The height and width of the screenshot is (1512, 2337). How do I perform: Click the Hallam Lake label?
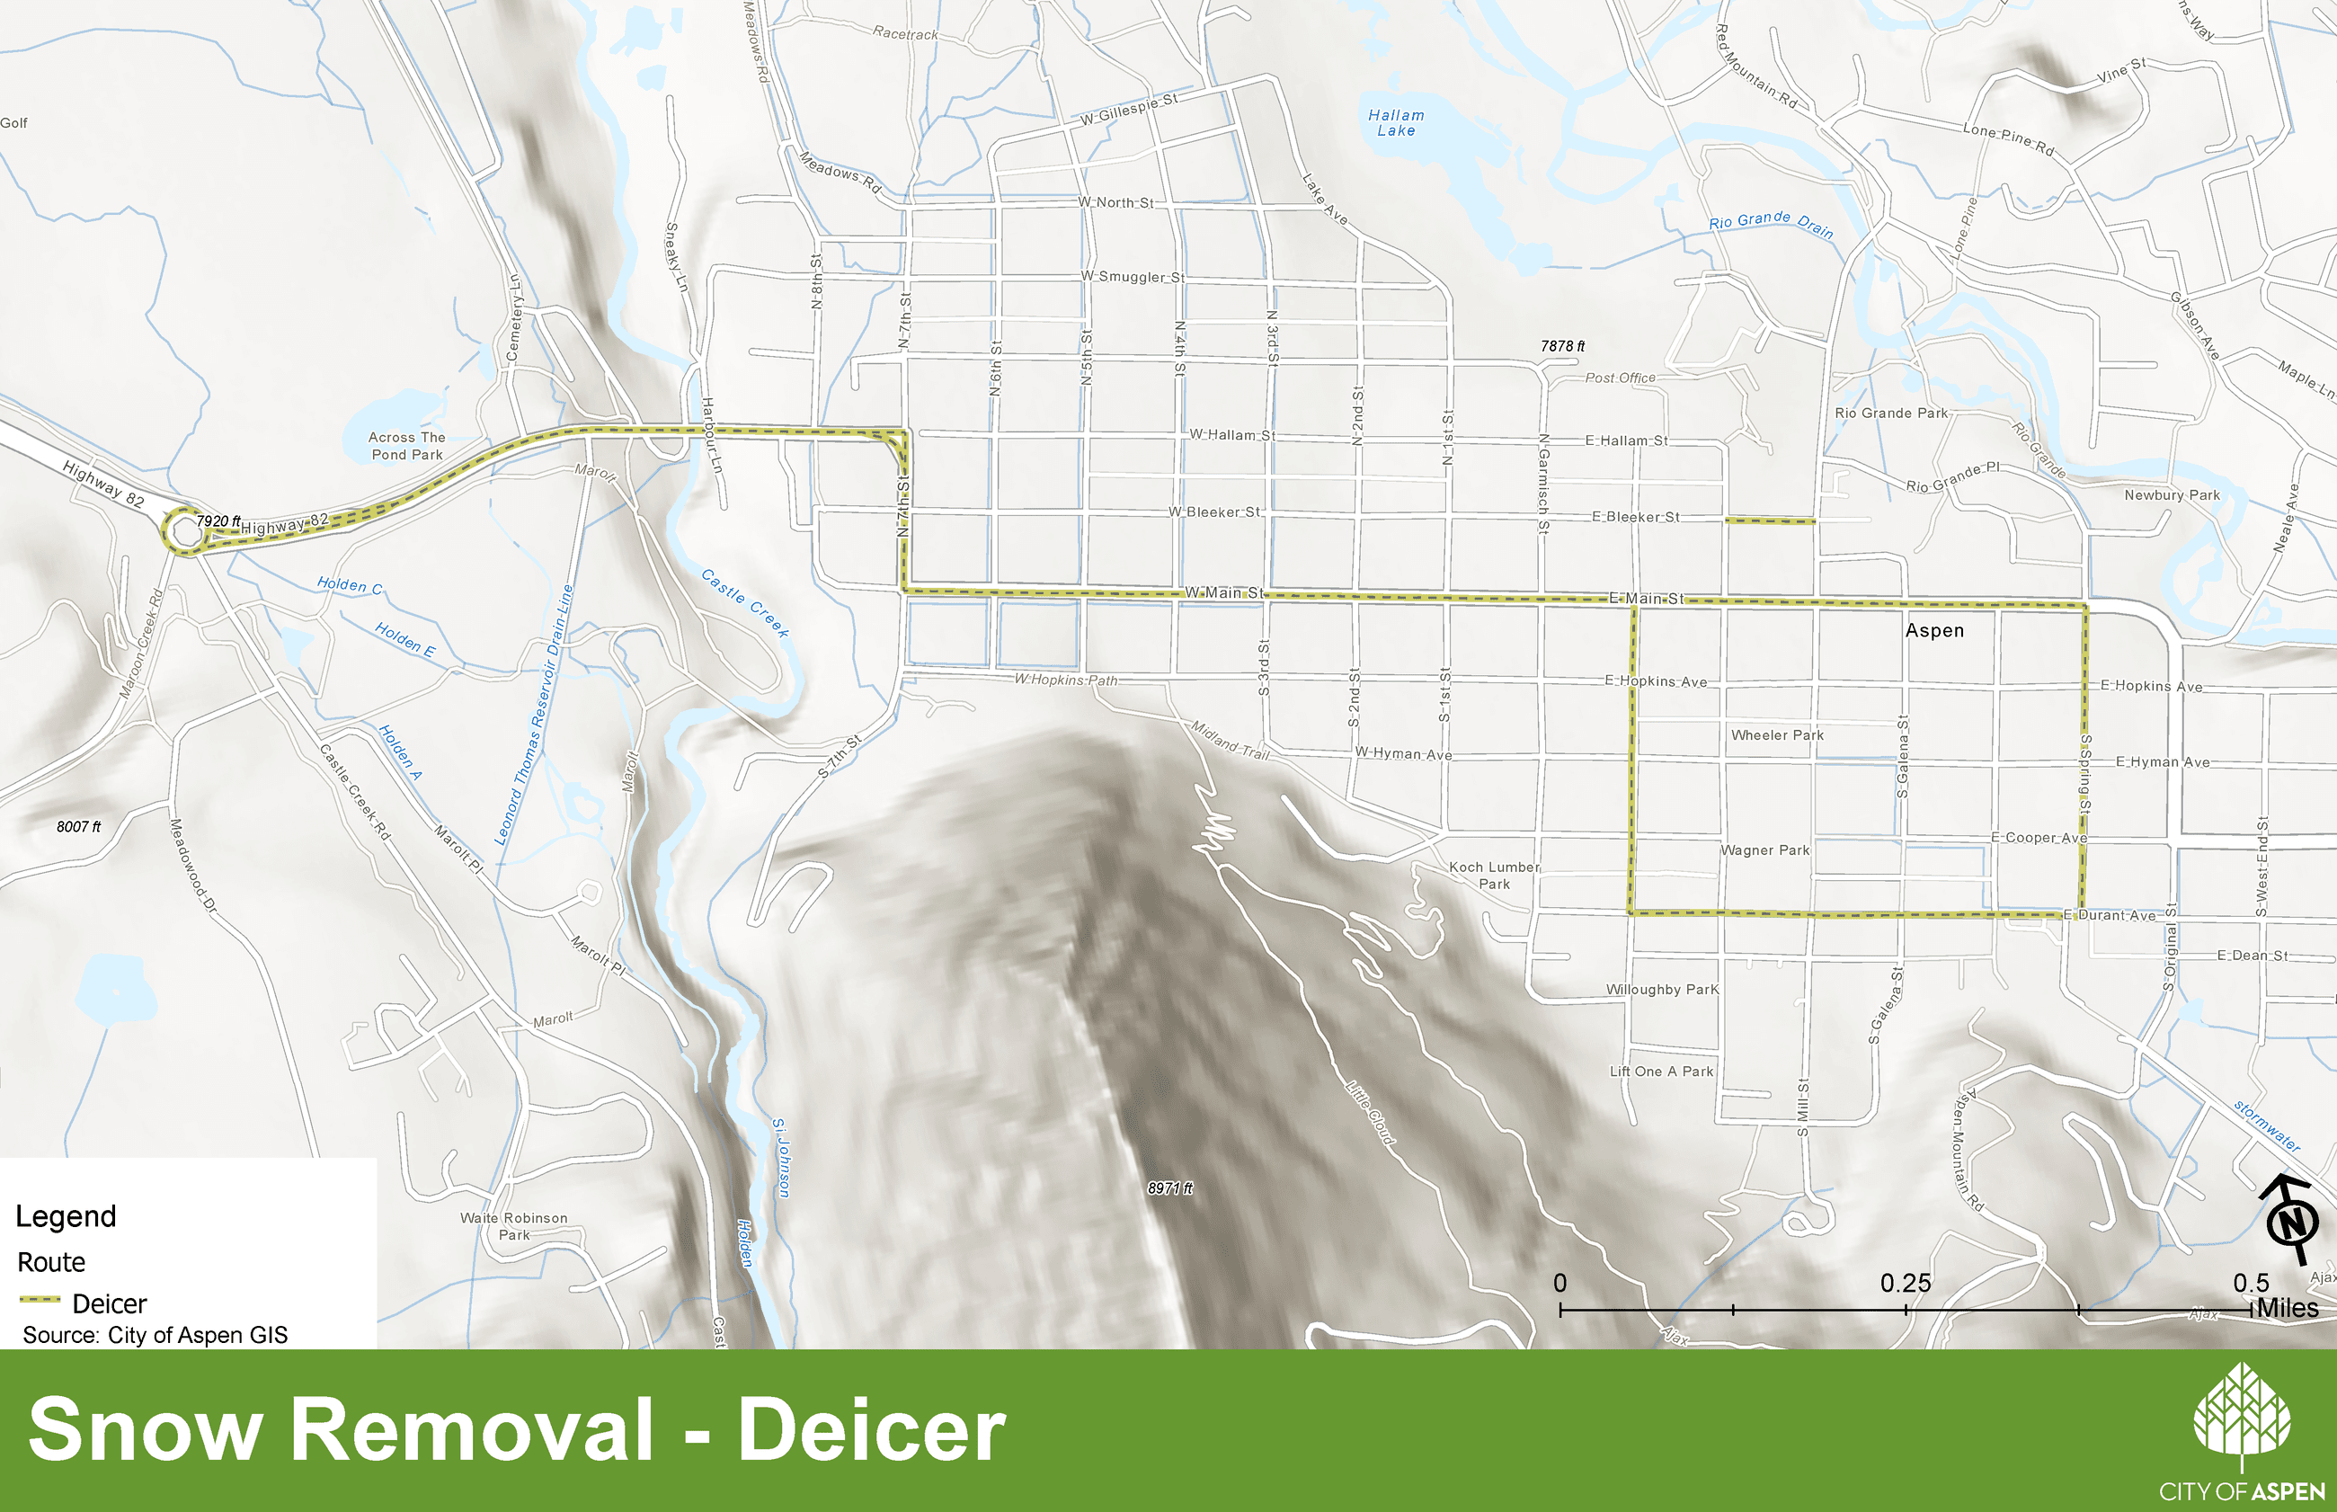(1396, 123)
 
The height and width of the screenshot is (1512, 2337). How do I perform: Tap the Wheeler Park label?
(1776, 735)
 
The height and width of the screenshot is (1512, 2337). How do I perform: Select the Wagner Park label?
(1764, 850)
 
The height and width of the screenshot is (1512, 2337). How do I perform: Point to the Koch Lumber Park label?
(1494, 875)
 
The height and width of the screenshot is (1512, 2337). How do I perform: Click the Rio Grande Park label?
(1890, 414)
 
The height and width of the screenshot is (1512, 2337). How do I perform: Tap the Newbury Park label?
(2171, 494)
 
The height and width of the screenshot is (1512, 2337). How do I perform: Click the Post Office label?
(1620, 378)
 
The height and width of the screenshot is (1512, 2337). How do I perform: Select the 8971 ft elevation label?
(1170, 1188)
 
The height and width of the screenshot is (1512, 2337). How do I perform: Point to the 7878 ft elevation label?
(1561, 347)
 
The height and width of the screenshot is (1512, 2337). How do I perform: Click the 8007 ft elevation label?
(78, 827)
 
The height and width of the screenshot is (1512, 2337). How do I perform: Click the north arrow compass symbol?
(2293, 1222)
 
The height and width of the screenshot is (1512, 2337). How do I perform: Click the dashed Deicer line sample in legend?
(40, 1300)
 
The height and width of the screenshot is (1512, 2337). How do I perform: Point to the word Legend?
(66, 1216)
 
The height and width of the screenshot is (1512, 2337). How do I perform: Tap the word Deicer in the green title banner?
(871, 1429)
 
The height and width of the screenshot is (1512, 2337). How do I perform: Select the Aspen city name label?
(1934, 630)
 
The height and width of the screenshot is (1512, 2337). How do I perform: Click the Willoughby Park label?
(1662, 990)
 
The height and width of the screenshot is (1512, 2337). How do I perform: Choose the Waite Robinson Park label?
(513, 1226)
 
